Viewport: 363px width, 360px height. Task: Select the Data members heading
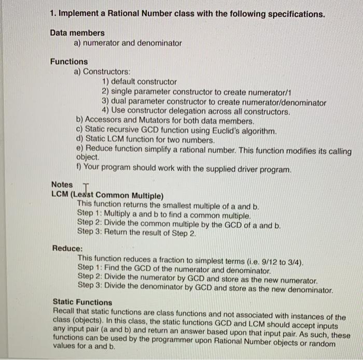pyautogui.click(x=77, y=33)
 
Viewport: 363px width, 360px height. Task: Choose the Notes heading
pyautogui.click(x=62, y=184)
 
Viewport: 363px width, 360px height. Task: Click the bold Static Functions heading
pyautogui.click(x=82, y=302)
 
